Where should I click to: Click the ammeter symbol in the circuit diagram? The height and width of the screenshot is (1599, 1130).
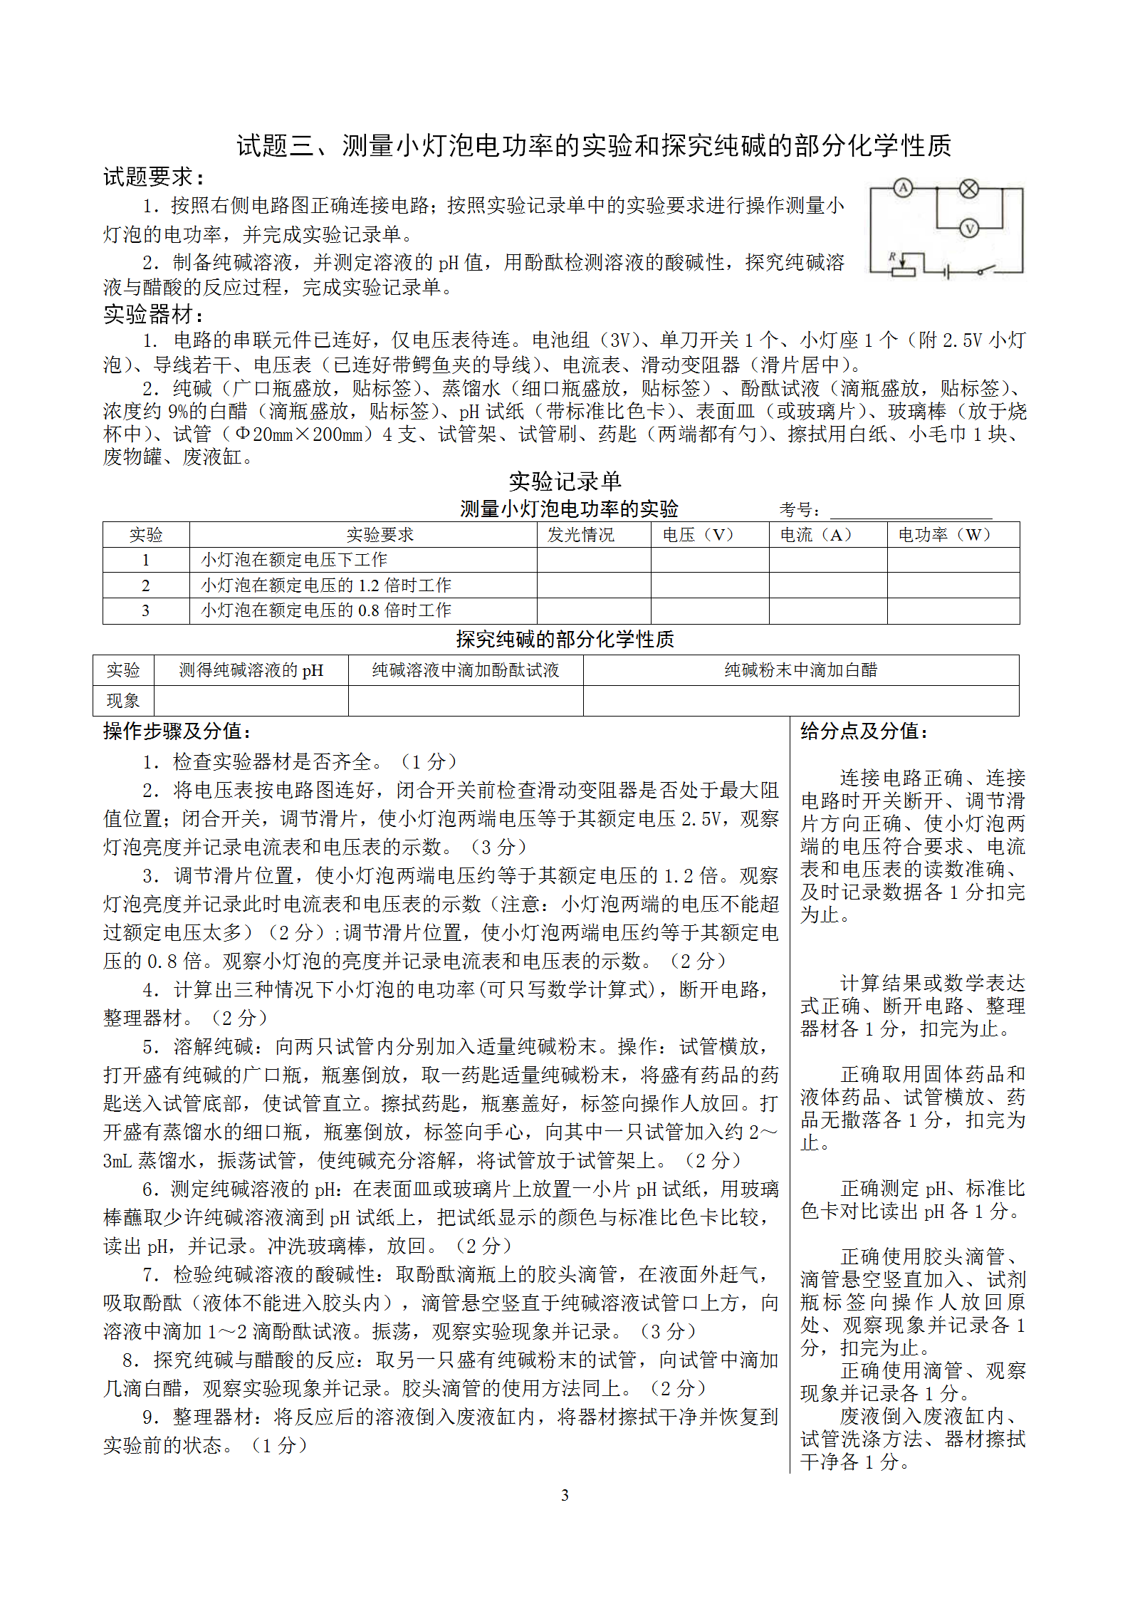(903, 188)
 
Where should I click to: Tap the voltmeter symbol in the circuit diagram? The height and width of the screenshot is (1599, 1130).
(968, 228)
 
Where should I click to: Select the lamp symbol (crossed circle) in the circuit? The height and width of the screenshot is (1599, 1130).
(968, 188)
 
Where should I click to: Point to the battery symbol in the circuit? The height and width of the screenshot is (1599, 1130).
(947, 271)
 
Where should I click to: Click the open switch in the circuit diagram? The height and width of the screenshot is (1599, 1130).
(985, 270)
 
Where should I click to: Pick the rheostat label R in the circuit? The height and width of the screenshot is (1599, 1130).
(891, 256)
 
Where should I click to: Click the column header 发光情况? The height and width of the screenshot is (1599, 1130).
(580, 534)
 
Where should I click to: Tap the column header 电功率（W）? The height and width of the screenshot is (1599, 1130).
(944, 534)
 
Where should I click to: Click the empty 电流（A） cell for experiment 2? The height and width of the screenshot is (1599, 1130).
(827, 585)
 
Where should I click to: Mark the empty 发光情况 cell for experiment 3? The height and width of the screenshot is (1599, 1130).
(593, 611)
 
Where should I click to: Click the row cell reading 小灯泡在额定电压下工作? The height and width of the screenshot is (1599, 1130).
(294, 560)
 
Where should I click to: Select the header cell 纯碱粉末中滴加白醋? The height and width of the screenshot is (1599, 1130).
(800, 670)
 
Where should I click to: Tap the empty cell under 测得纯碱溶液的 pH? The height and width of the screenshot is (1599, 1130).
(251, 701)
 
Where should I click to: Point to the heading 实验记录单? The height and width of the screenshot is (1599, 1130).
(565, 481)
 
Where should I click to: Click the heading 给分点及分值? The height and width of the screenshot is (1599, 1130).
(864, 731)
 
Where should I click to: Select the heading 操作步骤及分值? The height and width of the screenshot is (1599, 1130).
(177, 731)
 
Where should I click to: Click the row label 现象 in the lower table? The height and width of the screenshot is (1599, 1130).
(123, 701)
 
